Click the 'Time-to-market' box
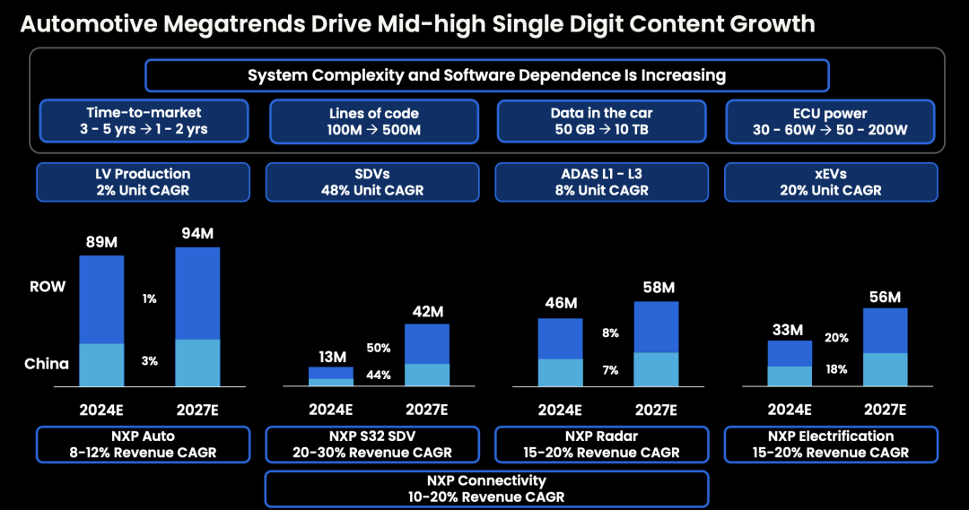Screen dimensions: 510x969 144,122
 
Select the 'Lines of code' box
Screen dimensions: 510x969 373,122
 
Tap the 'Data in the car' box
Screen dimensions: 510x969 601,122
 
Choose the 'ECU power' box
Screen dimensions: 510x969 831,122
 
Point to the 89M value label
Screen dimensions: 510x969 100,241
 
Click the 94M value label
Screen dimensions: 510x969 197,234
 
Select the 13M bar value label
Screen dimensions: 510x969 331,357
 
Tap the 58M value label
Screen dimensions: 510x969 658,289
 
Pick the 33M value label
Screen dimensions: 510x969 789,330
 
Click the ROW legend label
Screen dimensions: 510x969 48,288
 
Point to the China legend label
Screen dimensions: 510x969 47,364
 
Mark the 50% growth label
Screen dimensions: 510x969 379,348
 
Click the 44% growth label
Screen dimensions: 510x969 379,375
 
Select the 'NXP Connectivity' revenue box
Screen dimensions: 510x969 486,488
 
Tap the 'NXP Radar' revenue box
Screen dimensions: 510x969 601,445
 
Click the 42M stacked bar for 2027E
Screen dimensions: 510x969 427,355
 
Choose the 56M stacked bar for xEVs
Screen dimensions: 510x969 886,348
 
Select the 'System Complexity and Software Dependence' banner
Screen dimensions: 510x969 486,75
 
